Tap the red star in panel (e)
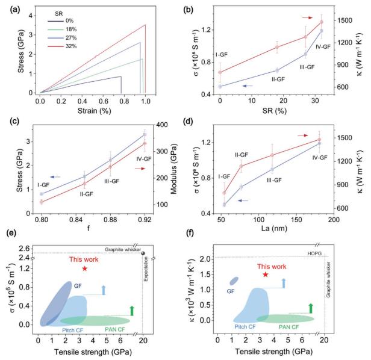coord(84,268)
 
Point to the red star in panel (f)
coord(265,275)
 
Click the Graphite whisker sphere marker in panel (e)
coord(143,253)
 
